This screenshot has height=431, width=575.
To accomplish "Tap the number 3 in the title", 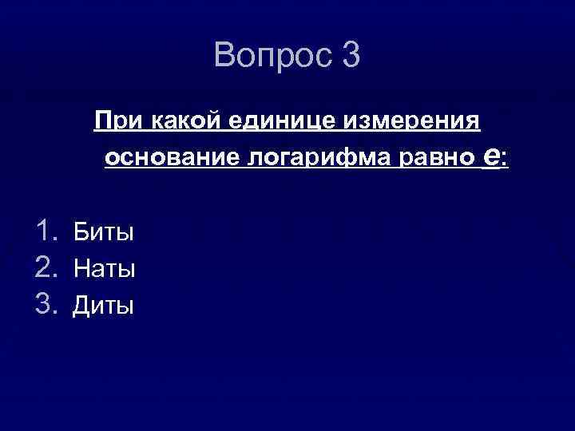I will coord(351,56).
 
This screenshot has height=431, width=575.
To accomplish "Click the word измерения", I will coord(412,122).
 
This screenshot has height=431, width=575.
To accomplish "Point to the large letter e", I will coord(494,156).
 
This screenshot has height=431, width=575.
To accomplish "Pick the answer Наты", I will coord(105,269).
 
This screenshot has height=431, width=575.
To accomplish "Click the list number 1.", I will coord(43,231).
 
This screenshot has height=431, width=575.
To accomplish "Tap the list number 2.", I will coord(45,268).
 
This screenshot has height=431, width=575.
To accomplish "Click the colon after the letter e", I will coord(505,160).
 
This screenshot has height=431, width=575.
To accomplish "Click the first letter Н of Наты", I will coord(81,269).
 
